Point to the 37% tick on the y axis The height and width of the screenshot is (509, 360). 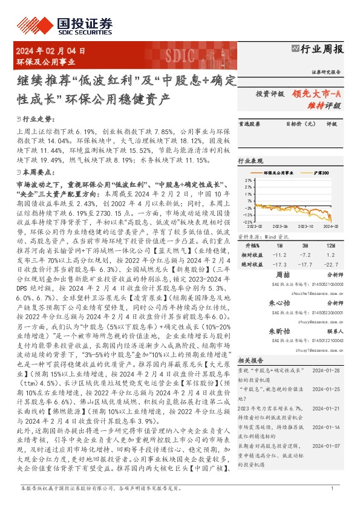click(248, 180)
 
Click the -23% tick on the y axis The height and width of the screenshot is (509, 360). click(247, 222)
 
